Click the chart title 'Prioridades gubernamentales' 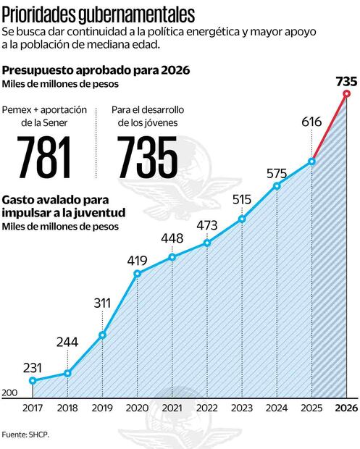[99, 13]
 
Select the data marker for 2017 [33, 380]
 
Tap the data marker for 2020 [137, 273]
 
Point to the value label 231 [33, 366]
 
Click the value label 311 [102, 302]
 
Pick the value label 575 [277, 173]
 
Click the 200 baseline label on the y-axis [9, 393]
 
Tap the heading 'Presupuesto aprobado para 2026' [96, 70]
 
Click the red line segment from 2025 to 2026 [329, 127]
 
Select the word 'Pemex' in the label [17, 110]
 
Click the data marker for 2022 [206, 243]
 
